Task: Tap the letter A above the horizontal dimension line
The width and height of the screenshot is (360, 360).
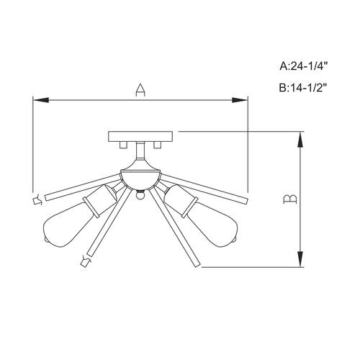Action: click(x=141, y=90)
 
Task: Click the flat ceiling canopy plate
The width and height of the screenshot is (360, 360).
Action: click(x=140, y=137)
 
